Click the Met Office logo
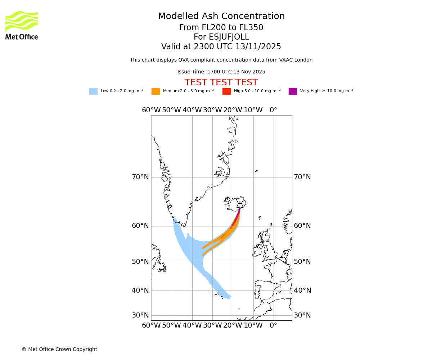22,25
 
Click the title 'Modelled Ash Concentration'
221,17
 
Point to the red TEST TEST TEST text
221,82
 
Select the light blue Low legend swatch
93,91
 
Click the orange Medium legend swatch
156,91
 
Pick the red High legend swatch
226,91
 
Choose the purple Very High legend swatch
293,91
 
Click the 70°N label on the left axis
140,177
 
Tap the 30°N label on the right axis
302,315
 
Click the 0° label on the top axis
274,110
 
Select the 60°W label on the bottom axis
151,326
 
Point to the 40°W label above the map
192,110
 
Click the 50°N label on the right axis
302,262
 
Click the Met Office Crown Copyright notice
59,350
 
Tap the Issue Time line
221,72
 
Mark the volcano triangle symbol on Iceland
240,206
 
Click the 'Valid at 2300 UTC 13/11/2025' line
221,47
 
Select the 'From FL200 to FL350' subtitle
221,28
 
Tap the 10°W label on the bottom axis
253,326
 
